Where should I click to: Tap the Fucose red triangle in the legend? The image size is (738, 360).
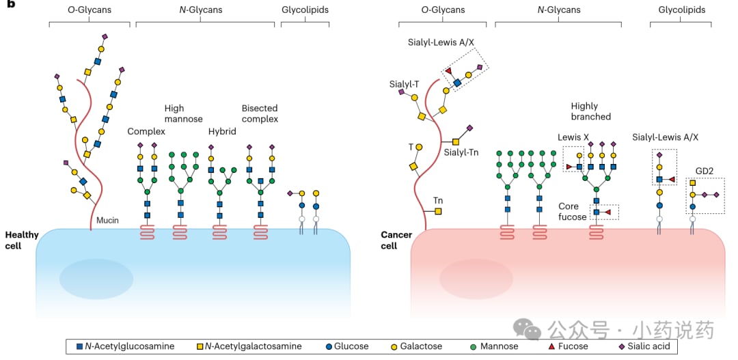pyautogui.click(x=551, y=347)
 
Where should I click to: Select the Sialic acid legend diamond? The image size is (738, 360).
pyautogui.click(x=621, y=347)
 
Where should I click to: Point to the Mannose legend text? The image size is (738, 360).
pyautogui.click(x=499, y=347)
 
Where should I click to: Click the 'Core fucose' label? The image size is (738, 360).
pyautogui.click(x=573, y=211)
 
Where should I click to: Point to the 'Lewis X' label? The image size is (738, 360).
pyautogui.click(x=573, y=137)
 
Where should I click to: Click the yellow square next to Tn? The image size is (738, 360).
pyautogui.click(x=438, y=211)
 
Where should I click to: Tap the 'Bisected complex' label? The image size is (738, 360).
pyautogui.click(x=260, y=113)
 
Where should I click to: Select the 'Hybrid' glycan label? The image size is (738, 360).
pyautogui.click(x=221, y=131)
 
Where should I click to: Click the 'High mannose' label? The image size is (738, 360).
pyautogui.click(x=184, y=113)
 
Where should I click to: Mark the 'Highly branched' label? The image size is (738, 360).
pyautogui.click(x=590, y=111)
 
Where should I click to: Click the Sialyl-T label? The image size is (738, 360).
pyautogui.click(x=404, y=84)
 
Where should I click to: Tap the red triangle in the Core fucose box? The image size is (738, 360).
pyautogui.click(x=607, y=212)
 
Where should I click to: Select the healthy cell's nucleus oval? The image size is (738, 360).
pyautogui.click(x=96, y=278)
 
